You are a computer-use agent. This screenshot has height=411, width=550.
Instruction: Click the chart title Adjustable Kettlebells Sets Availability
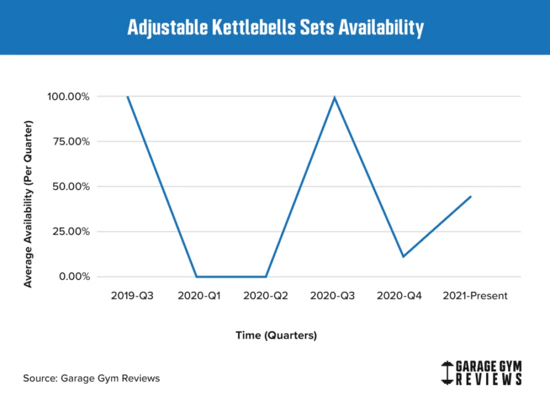click(x=275, y=28)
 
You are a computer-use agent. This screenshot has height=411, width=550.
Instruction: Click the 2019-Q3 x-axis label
click(x=132, y=296)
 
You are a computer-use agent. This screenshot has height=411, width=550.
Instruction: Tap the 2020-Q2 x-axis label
click(x=265, y=296)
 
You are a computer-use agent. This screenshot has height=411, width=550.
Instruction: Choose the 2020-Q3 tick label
click(x=334, y=296)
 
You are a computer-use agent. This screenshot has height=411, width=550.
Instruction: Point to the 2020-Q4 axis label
click(x=401, y=296)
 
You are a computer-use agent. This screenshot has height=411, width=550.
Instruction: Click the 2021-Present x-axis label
click(x=474, y=296)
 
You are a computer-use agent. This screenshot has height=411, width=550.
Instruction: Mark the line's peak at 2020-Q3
click(x=334, y=98)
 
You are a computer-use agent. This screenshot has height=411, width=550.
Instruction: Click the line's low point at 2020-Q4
click(x=403, y=257)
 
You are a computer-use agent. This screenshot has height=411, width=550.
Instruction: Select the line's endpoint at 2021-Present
click(x=471, y=196)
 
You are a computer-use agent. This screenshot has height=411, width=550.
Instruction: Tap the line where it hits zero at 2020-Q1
click(x=197, y=276)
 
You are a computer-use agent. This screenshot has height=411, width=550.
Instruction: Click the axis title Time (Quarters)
click(x=276, y=336)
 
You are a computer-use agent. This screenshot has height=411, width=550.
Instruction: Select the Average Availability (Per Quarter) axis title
click(x=28, y=203)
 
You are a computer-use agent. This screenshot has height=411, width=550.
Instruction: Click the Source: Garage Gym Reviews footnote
click(x=91, y=378)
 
